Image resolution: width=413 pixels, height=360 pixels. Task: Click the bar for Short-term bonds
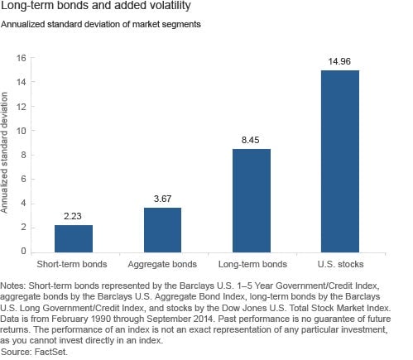[x=74, y=238]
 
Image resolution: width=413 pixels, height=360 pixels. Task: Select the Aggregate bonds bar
[x=162, y=230]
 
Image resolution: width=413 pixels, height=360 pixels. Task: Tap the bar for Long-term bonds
[x=252, y=200]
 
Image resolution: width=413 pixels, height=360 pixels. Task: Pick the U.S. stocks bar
[x=340, y=161]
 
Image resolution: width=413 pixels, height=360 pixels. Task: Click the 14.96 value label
[x=339, y=61]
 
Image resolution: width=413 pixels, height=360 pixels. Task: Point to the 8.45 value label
[x=251, y=140]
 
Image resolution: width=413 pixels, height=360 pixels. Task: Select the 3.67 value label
[x=162, y=199]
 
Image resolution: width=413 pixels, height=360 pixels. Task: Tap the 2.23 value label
[x=73, y=216]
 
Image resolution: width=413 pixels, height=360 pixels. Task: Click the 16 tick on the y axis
[x=21, y=58]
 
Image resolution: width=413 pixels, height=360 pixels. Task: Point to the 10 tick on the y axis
[x=21, y=131]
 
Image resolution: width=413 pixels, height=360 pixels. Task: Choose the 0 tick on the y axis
[x=23, y=252]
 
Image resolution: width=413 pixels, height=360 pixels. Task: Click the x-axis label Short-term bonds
[x=72, y=264]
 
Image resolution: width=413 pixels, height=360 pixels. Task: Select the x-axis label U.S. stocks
[x=340, y=264]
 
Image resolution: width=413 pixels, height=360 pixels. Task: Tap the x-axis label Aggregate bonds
[x=162, y=264]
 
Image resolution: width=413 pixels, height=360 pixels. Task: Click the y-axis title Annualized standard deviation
[x=4, y=152]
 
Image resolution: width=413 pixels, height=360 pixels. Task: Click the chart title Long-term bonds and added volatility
[x=95, y=6]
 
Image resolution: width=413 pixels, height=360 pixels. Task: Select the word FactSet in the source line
[x=50, y=352]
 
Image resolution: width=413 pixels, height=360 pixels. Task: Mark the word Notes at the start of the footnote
[x=13, y=286]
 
